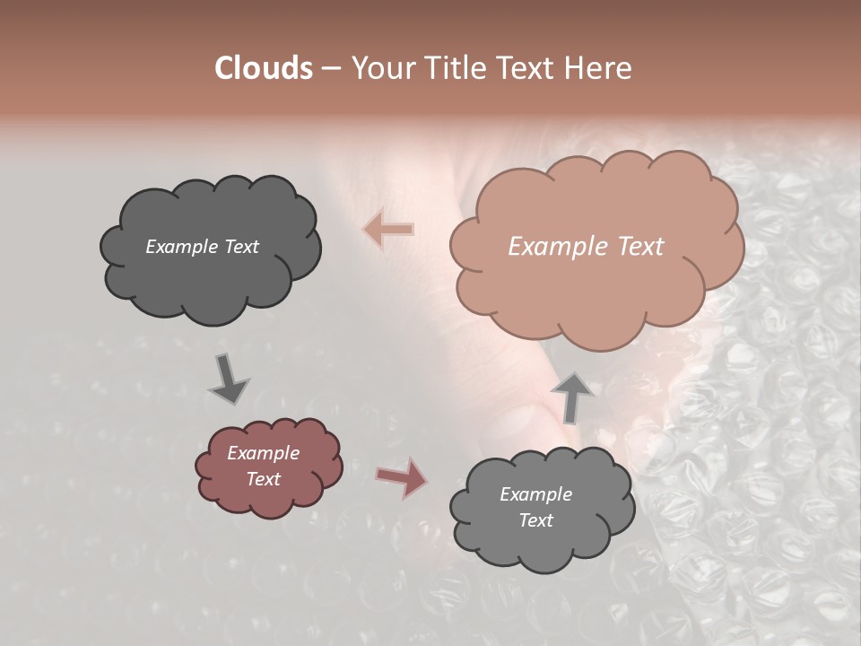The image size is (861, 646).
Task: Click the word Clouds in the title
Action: coord(264,68)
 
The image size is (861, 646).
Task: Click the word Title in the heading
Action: coord(457,68)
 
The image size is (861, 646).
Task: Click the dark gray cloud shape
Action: coord(211,278)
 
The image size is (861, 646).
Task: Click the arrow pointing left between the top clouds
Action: coord(388,231)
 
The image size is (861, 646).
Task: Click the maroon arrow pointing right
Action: coord(401,477)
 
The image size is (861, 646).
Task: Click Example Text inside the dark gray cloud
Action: coord(202,247)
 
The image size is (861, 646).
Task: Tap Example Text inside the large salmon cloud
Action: coord(586,247)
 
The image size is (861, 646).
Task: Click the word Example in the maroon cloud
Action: coord(263,453)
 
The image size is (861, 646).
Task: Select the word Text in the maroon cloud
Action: coord(263,479)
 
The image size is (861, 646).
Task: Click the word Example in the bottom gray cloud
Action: coord(535,494)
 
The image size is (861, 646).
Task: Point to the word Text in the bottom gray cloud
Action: coord(535,520)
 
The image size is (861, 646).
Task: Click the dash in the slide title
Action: coord(330,69)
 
